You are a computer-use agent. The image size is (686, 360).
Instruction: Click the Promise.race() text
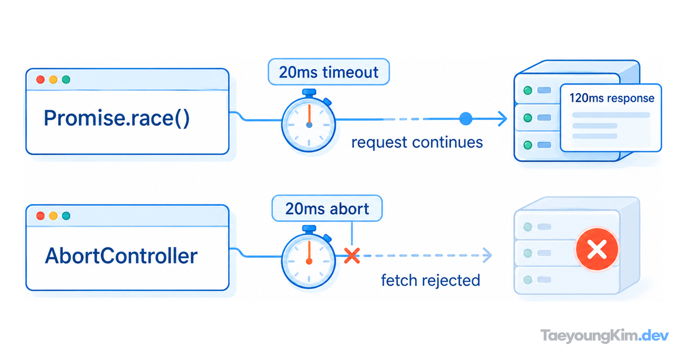(x=117, y=118)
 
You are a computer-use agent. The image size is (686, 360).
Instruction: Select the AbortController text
(x=121, y=256)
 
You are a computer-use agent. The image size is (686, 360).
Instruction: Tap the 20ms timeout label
(x=329, y=72)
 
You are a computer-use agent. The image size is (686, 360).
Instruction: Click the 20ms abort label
(x=327, y=209)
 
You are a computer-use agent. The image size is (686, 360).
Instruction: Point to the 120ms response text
(x=612, y=98)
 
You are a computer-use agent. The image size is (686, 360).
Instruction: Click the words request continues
(x=417, y=143)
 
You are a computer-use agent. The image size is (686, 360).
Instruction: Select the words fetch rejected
(x=430, y=281)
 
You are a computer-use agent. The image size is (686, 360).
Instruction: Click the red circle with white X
(x=597, y=249)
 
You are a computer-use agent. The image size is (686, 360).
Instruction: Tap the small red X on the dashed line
(x=352, y=255)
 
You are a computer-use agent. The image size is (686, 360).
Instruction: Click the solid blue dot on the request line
(x=466, y=119)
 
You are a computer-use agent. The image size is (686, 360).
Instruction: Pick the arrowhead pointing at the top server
(x=502, y=119)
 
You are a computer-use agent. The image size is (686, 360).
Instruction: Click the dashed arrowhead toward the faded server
(x=487, y=255)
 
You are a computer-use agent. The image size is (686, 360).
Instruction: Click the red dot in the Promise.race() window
(x=41, y=79)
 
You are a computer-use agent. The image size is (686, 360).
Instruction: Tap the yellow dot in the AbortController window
(x=53, y=216)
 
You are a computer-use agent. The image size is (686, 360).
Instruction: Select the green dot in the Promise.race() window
(x=66, y=79)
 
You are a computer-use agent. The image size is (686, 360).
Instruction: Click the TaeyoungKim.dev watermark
(x=605, y=336)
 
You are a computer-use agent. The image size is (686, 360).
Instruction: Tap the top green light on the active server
(x=528, y=90)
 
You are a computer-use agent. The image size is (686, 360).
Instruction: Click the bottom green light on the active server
(x=528, y=145)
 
